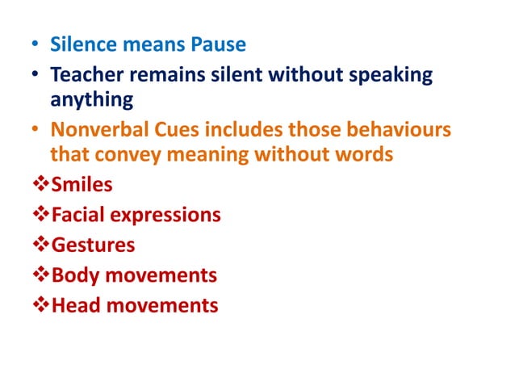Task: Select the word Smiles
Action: point(82,185)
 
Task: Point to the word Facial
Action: point(81,215)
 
